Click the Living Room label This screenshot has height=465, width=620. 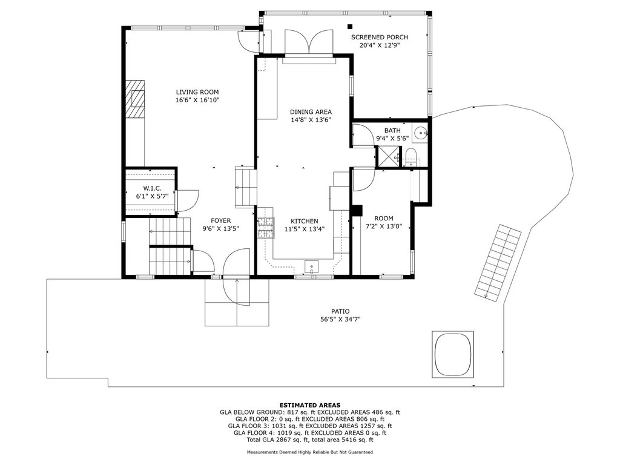tap(197, 92)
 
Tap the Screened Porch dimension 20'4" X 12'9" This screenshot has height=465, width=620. tap(380, 45)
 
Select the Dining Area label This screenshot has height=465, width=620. tap(311, 112)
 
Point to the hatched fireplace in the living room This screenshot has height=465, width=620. tap(136, 99)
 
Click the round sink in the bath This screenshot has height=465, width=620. tap(420, 133)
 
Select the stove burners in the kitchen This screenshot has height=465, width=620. tap(266, 228)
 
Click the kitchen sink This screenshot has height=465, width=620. tap(312, 267)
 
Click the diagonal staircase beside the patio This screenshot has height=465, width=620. tap(498, 262)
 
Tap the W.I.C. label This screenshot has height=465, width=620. tap(152, 189)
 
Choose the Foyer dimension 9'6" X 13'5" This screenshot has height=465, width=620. tap(220, 228)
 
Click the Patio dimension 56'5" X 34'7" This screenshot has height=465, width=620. tap(340, 320)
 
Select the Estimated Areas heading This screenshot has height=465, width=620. tap(310, 405)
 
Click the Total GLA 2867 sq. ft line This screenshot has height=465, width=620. tap(310, 440)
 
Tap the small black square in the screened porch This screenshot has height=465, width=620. tap(349, 27)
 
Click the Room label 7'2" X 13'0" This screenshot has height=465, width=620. tap(383, 223)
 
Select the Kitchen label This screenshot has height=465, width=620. tap(305, 222)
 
